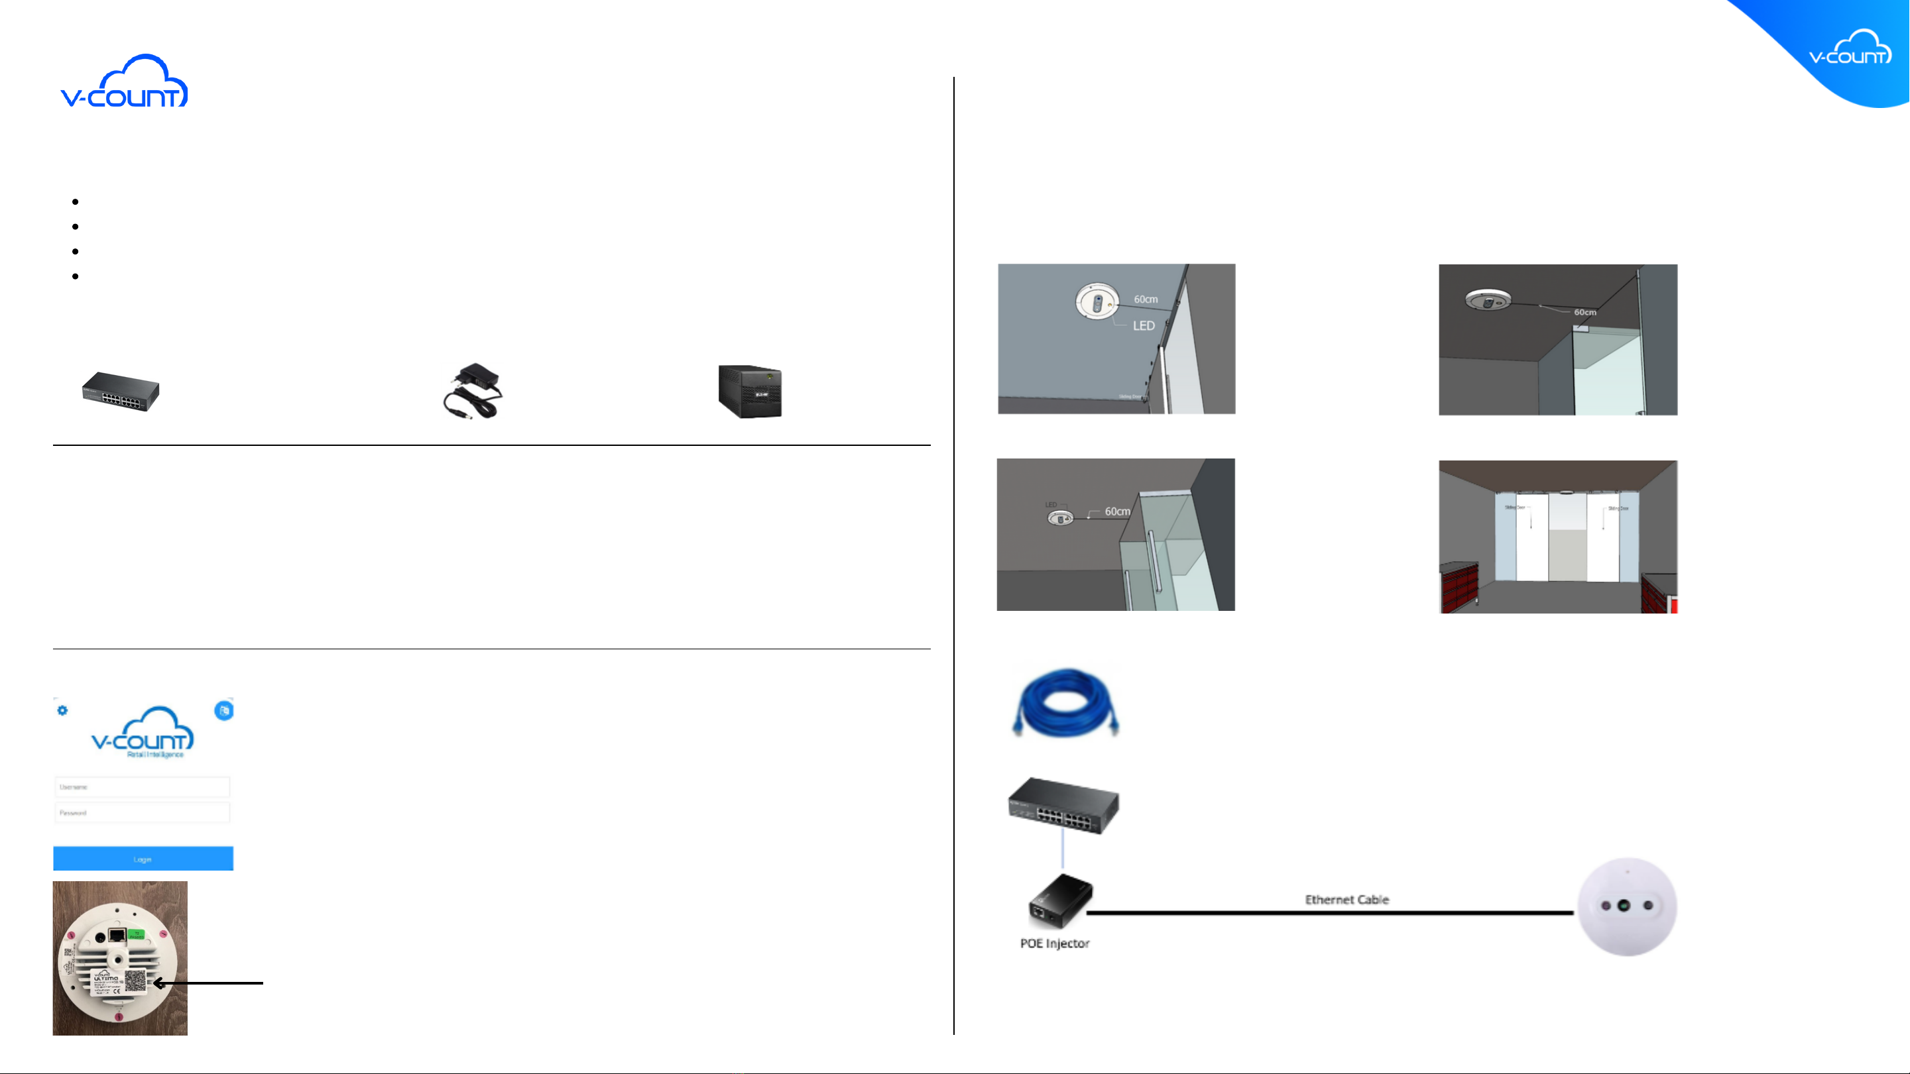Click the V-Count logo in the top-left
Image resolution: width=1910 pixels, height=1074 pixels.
(124, 81)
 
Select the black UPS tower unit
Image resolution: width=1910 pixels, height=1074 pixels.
(750, 392)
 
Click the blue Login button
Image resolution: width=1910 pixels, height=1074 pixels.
(143, 858)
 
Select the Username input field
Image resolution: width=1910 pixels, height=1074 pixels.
(142, 786)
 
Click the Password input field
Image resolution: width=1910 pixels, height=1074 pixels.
(142, 812)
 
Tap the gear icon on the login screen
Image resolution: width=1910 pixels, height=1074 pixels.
(62, 710)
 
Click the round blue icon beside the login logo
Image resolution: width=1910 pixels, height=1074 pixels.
(224, 710)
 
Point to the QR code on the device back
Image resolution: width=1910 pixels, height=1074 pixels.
(136, 981)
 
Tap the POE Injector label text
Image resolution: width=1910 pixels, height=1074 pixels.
(1054, 943)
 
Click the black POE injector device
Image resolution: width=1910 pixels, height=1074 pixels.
(1059, 901)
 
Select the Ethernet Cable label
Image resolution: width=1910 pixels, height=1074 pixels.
(1346, 899)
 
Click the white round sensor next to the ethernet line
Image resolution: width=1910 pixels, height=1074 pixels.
(1627, 906)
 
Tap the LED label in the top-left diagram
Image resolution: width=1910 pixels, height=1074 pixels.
(1144, 325)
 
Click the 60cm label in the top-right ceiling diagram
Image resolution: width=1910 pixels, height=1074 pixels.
(1585, 312)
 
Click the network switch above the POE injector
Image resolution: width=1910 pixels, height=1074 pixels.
(1063, 806)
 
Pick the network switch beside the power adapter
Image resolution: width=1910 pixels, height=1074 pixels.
(121, 392)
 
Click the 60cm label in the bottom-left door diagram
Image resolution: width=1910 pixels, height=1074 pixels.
(1117, 511)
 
